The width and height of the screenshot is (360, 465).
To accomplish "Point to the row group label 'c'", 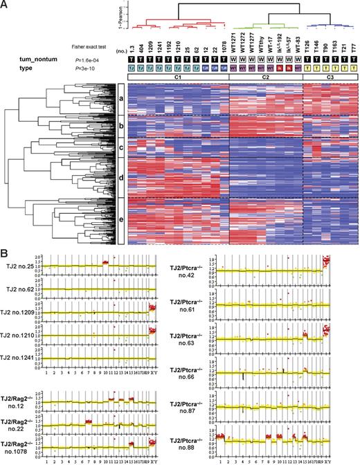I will coord(120,148).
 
